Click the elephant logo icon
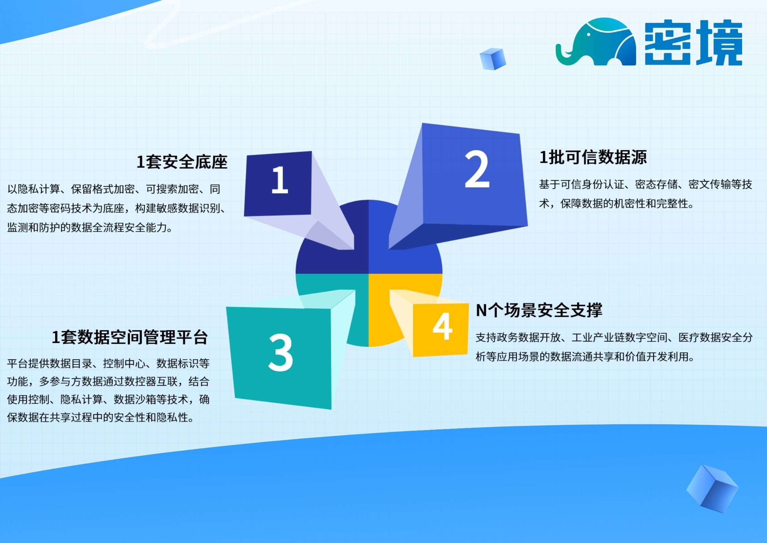coord(596,42)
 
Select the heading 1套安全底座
coord(182,162)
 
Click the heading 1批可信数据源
coord(593,157)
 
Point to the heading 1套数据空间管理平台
coord(129,337)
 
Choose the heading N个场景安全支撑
coord(539,310)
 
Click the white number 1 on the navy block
coord(280,180)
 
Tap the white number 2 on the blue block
coord(477,169)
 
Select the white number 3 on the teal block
coord(280,353)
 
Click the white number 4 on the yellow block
coord(442,326)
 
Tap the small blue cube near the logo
coord(492,59)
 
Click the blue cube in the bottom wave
coord(712,488)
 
